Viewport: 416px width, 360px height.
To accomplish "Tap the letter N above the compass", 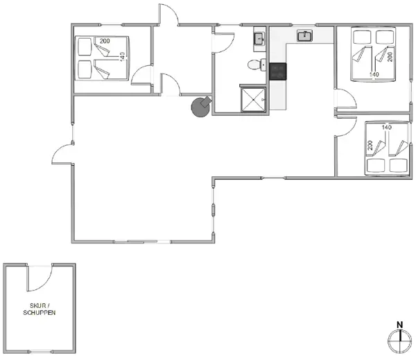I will click(x=399, y=324).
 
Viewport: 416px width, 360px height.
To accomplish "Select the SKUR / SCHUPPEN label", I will click(x=39, y=309).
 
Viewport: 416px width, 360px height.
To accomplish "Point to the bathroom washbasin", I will click(x=258, y=40).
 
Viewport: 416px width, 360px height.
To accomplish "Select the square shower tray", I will click(x=253, y=98).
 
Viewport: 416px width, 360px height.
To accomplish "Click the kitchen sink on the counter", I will click(x=304, y=35).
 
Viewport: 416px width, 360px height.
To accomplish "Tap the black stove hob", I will click(x=278, y=71).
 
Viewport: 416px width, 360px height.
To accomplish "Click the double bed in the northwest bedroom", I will click(x=102, y=58).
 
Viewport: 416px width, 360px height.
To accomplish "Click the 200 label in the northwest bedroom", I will click(x=105, y=41).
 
